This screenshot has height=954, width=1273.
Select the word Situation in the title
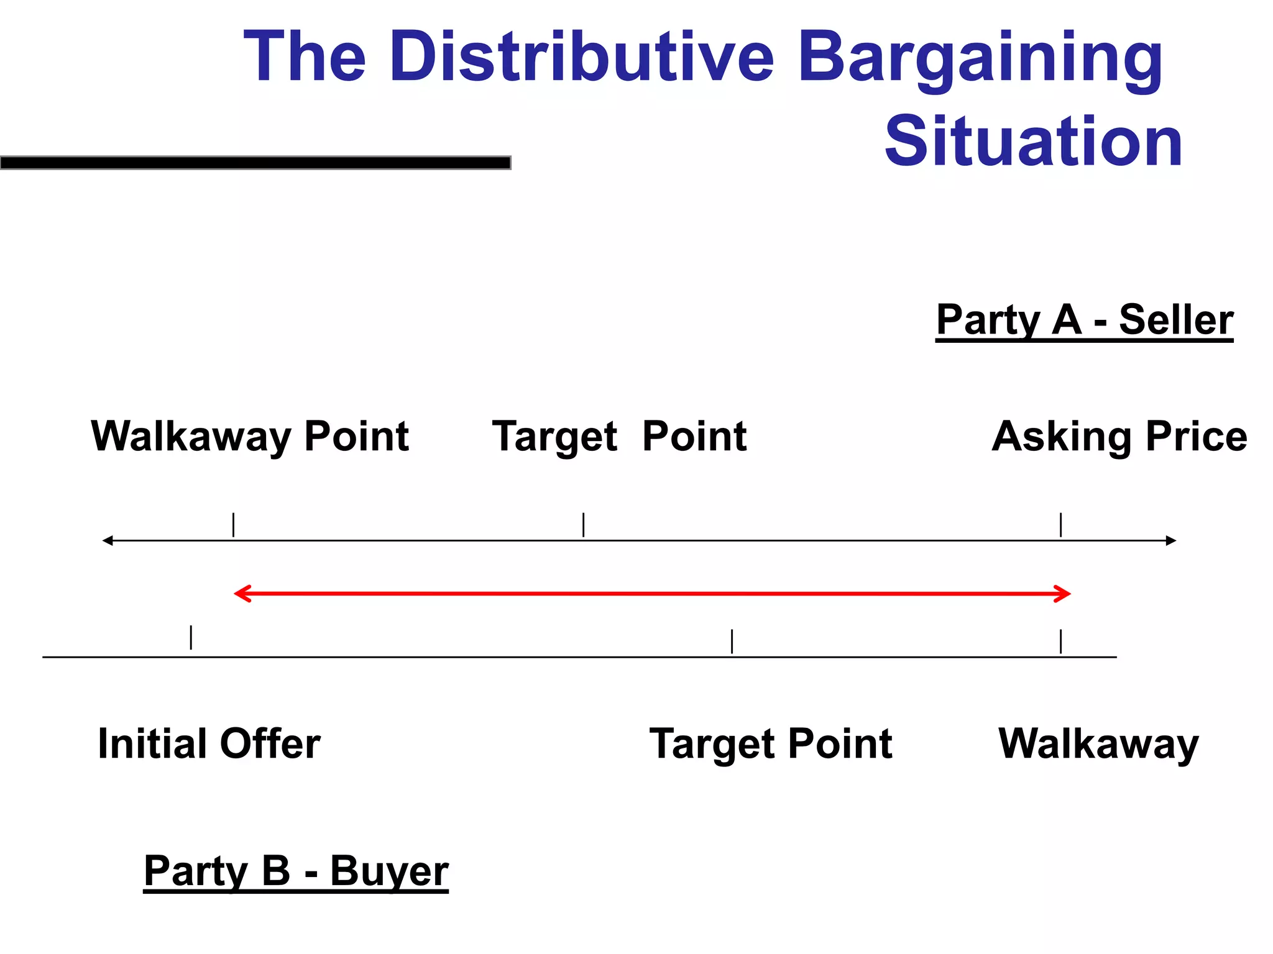coord(1033,142)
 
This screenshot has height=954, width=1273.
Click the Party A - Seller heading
coord(1084,320)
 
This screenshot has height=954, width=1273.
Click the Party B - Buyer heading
coord(296,871)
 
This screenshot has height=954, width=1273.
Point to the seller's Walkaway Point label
coord(250,436)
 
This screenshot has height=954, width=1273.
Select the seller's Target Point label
coord(619,436)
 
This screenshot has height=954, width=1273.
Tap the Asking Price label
coord(1119,436)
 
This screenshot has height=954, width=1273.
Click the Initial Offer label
coord(209,743)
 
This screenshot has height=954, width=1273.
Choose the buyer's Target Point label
coord(770,743)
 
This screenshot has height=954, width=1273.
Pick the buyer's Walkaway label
coord(1098,743)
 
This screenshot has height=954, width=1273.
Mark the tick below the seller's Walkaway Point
coord(233,525)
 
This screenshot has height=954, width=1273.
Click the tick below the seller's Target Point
coord(583,525)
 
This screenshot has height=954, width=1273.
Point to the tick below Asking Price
coord(1060,525)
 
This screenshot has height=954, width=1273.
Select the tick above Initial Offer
coord(191,637)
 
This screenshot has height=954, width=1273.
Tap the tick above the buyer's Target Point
coord(732,641)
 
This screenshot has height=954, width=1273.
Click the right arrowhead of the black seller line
coord(1171,540)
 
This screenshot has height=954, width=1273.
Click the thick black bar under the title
coord(255,163)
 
